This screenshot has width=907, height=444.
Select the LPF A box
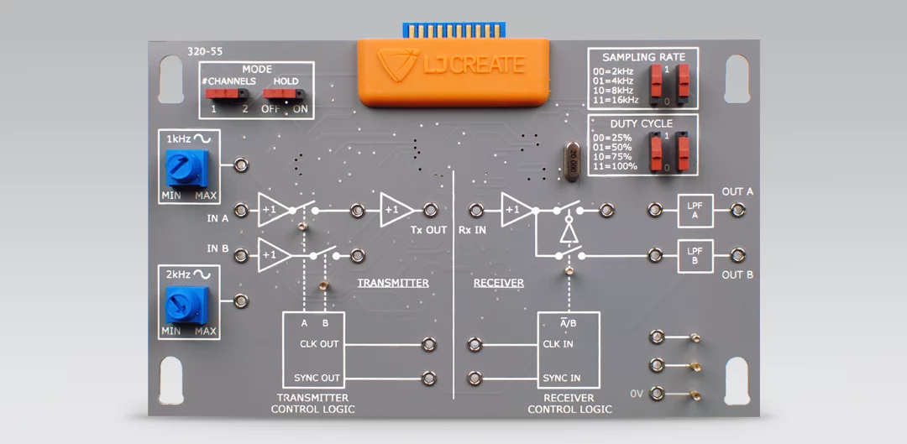695,209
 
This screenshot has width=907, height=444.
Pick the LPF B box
695,254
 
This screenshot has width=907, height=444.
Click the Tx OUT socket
430,210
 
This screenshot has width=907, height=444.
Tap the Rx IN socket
476,210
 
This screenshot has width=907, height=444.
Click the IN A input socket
241,210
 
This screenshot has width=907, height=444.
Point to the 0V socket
658,394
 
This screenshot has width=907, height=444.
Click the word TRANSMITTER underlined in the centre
393,283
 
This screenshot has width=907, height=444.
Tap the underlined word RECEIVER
499,283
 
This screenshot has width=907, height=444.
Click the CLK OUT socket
429,344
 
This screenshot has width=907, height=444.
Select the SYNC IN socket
475,377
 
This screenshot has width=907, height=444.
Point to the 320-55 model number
205,52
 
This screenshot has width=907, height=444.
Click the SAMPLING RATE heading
643,57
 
